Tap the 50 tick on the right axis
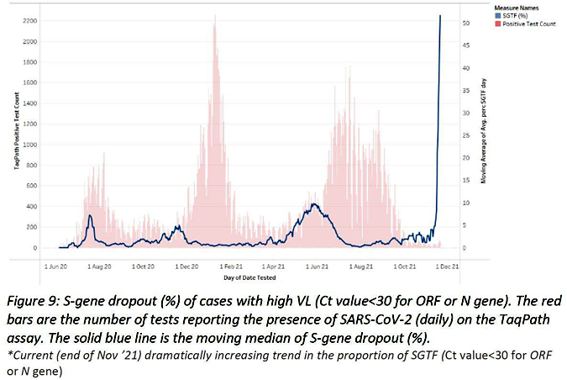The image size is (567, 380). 454,23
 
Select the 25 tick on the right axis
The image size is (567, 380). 454,135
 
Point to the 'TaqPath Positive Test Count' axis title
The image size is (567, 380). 16,135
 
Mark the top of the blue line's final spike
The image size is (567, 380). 441,16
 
